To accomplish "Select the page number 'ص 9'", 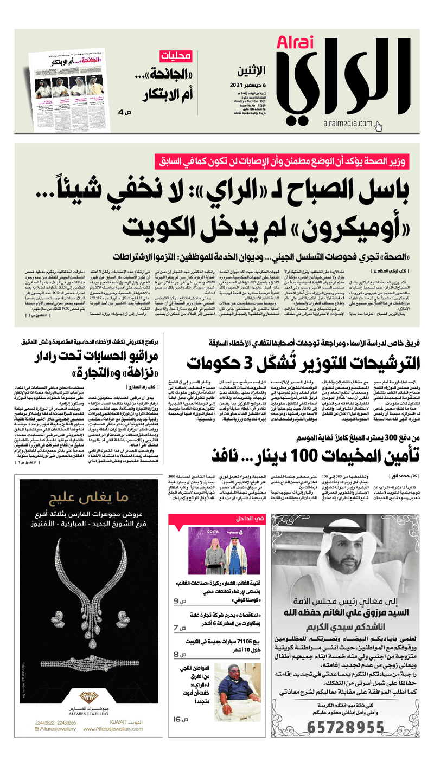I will (180, 601).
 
